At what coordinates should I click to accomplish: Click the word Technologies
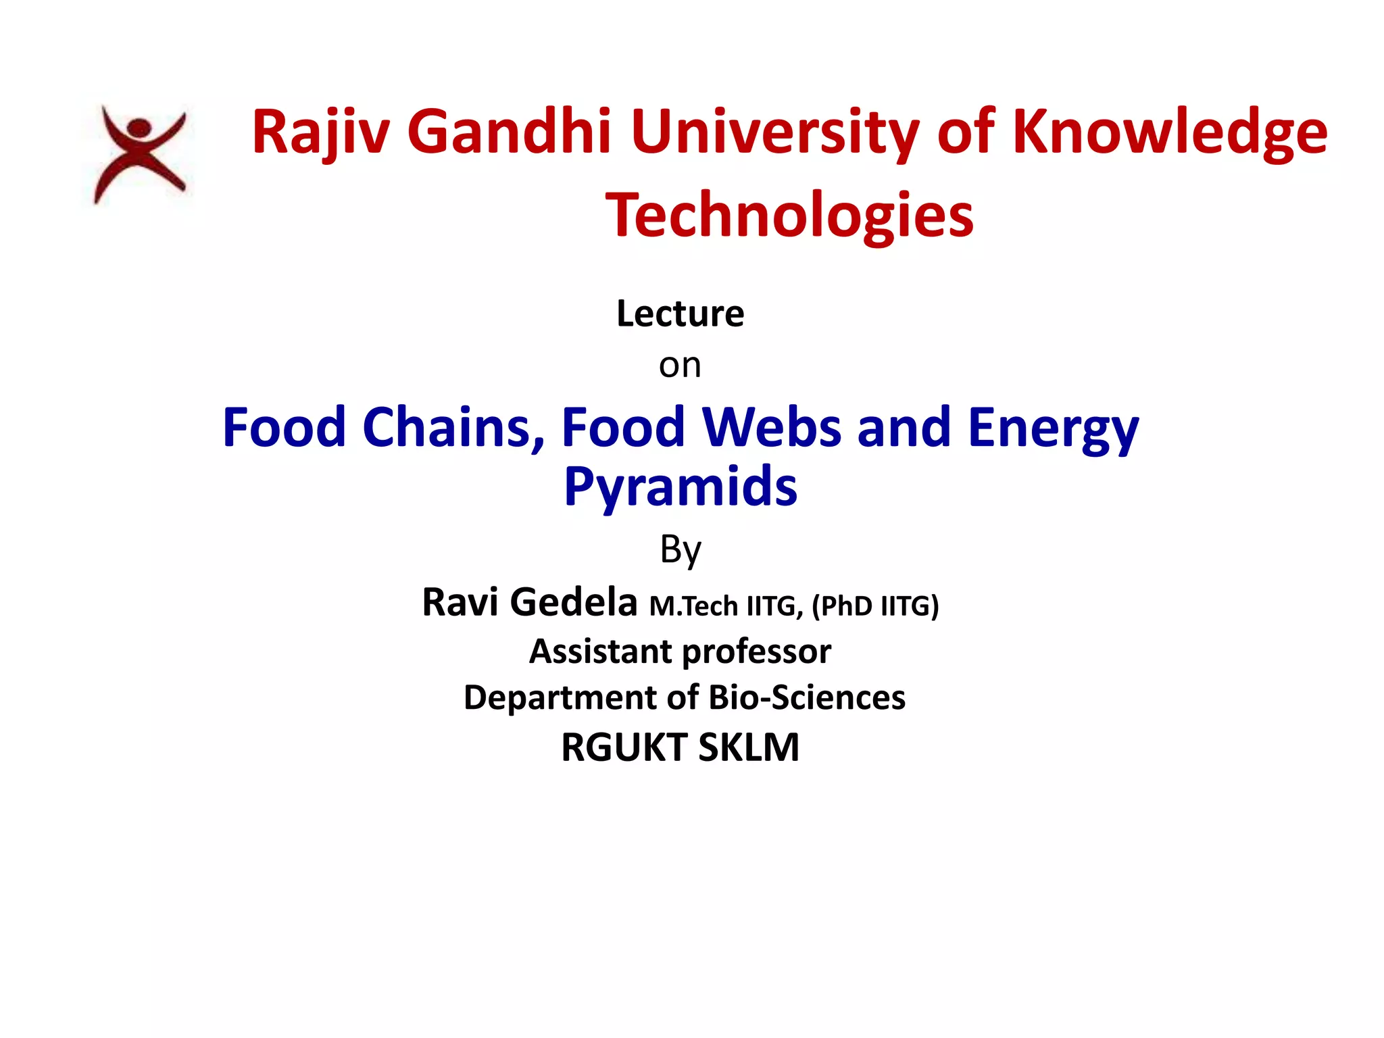789,215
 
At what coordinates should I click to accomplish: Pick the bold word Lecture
680,314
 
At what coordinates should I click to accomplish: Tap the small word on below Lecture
680,366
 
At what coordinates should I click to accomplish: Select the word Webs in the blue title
772,427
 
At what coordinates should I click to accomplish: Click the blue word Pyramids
680,487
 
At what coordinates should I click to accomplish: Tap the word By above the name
680,549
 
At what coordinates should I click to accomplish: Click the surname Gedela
573,602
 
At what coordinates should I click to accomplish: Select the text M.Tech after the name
693,606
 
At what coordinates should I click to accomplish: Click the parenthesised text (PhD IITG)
875,606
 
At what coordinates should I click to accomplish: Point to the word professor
756,652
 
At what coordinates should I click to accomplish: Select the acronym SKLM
748,747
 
